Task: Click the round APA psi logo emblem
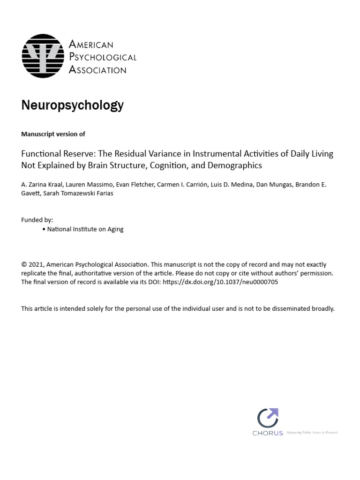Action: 43,56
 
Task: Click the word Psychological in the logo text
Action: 103,57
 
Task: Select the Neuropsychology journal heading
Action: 72,105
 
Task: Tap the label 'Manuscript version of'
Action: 53,134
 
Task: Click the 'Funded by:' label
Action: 37,220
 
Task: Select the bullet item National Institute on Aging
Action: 85,229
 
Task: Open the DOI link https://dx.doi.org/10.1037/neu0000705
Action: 220,282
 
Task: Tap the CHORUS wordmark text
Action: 268,433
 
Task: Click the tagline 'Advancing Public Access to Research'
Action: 312,432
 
